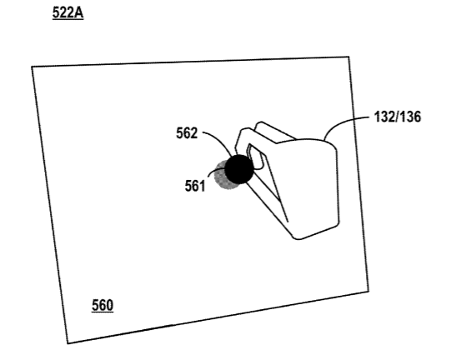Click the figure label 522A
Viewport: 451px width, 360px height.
[x=68, y=12]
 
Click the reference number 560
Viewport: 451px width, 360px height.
[x=103, y=305]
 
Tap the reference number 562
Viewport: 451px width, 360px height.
[x=187, y=133]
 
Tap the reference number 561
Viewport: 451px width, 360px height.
[x=195, y=186]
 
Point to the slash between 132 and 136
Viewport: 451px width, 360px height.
[x=397, y=117]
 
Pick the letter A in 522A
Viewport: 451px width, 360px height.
[x=79, y=12]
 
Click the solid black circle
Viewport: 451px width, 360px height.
[x=239, y=169]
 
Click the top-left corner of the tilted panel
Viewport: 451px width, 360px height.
[x=32, y=67]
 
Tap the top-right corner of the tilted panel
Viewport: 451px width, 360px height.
[x=349, y=57]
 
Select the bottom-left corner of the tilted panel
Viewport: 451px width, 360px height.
[x=68, y=343]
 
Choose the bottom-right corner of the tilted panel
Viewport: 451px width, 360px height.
[x=368, y=292]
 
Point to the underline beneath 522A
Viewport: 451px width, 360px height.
[x=68, y=19]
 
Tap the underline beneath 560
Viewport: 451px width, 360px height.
[x=103, y=312]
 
